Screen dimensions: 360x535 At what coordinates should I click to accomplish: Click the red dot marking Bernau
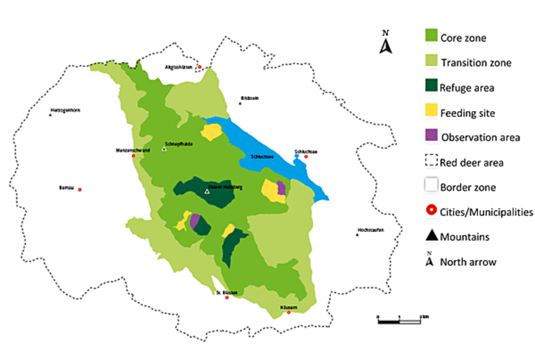tap(80, 189)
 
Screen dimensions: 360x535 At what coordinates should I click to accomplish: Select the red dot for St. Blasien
tap(227, 298)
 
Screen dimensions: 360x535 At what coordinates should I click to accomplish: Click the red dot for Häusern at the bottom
tap(288, 312)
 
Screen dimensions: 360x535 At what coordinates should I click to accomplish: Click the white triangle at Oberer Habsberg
tap(207, 192)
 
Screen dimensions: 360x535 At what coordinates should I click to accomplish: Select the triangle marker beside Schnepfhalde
tap(164, 149)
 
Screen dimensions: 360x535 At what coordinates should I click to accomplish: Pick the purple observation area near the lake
tap(281, 188)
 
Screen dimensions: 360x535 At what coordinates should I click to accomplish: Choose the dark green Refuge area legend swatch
tap(431, 87)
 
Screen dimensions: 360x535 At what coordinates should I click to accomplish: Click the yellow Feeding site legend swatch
tap(431, 112)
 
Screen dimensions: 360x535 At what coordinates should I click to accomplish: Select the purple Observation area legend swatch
tap(431, 136)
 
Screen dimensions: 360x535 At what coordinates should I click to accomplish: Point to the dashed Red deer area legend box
tap(431, 162)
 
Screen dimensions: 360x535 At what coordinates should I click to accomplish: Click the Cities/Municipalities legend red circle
tap(431, 212)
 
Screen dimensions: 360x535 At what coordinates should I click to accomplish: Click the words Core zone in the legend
tap(463, 37)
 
